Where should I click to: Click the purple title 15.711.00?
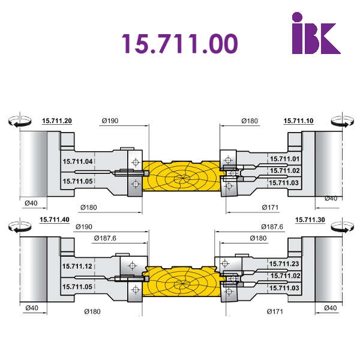[180, 44]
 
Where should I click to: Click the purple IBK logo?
[316, 33]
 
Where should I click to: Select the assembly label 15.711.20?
[57, 121]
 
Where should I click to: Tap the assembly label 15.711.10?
[298, 121]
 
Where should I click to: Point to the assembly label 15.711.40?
[55, 220]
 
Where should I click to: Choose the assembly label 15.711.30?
[310, 220]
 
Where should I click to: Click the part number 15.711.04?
[77, 161]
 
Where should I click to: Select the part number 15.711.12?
[77, 266]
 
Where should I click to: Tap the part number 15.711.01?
[284, 159]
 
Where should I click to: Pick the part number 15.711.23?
[284, 264]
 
